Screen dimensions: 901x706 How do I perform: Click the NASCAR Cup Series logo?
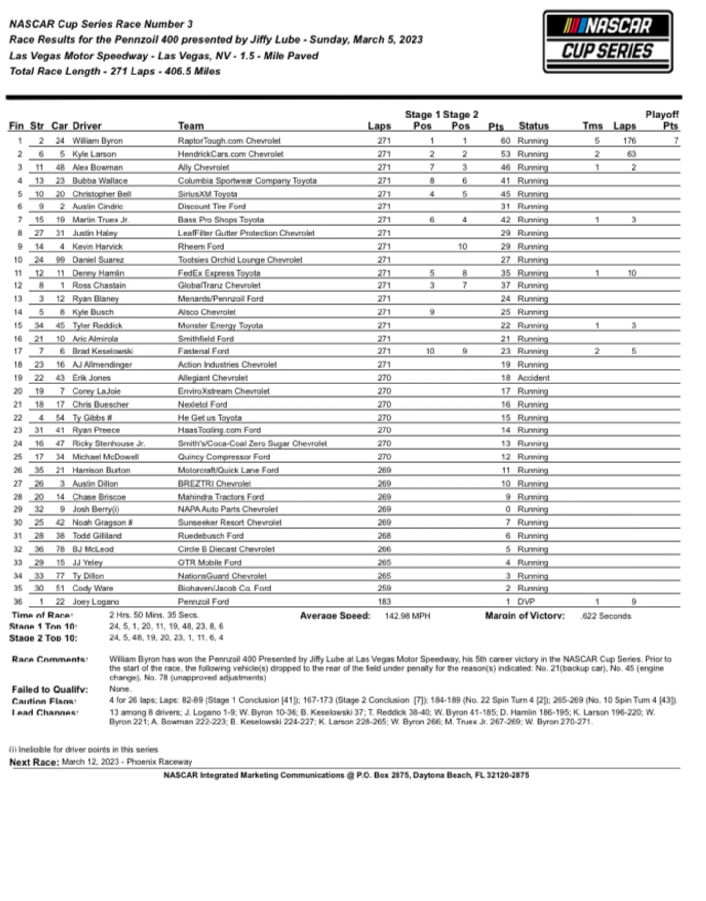(x=607, y=42)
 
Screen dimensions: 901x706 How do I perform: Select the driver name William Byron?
(x=97, y=141)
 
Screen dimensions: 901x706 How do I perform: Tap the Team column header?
(x=191, y=126)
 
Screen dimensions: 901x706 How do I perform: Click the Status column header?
(x=533, y=126)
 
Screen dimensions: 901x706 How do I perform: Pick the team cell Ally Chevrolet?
(x=203, y=167)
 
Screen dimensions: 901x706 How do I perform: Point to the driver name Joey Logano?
(x=95, y=602)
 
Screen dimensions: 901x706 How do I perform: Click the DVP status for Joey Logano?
(x=526, y=602)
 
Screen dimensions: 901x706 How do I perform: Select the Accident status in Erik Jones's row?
(x=533, y=378)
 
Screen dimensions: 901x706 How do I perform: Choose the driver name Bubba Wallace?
(x=100, y=181)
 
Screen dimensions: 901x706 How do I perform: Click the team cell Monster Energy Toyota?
(x=220, y=325)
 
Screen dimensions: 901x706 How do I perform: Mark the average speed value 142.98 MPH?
(x=407, y=616)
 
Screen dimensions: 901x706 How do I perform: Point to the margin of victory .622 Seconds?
(x=606, y=616)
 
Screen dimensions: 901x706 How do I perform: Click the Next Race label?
(x=34, y=762)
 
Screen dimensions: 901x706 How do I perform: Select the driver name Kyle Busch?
(x=93, y=312)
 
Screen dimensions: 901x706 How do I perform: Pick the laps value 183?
(x=384, y=602)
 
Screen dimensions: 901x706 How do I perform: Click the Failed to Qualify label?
(x=49, y=689)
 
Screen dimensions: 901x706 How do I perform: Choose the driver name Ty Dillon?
(x=88, y=576)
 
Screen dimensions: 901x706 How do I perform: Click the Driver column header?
(x=87, y=126)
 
